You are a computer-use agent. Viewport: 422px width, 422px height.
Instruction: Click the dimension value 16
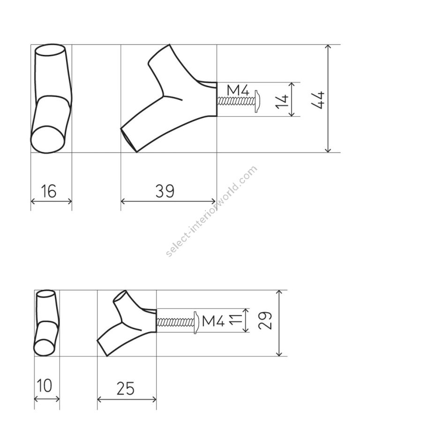[49, 191]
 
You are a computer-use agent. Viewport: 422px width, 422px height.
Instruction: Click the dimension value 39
[165, 191]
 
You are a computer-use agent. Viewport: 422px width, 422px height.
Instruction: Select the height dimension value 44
[318, 100]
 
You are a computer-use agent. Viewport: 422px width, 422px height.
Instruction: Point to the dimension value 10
[45, 385]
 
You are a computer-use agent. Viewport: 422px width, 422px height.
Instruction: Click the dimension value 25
[125, 388]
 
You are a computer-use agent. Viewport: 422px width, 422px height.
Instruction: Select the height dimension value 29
[265, 321]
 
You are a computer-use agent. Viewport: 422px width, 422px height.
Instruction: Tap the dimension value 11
[236, 320]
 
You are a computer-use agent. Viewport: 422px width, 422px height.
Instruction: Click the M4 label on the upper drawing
[238, 90]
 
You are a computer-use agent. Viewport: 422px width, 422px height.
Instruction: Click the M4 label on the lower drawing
[213, 321]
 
